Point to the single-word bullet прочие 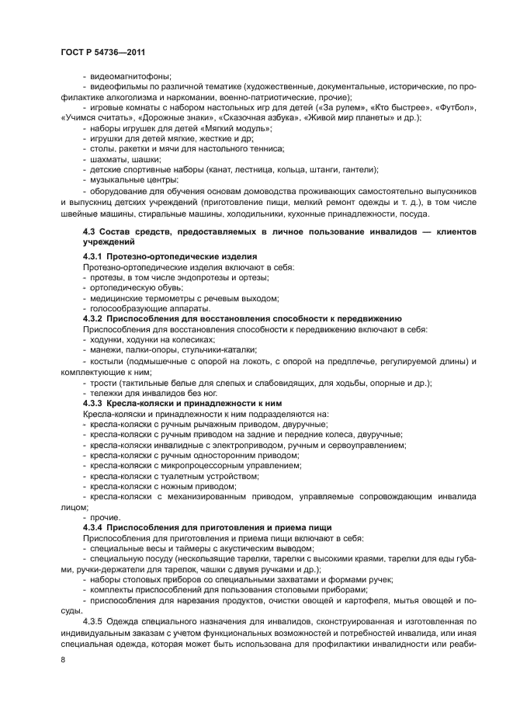[x=106, y=517]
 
